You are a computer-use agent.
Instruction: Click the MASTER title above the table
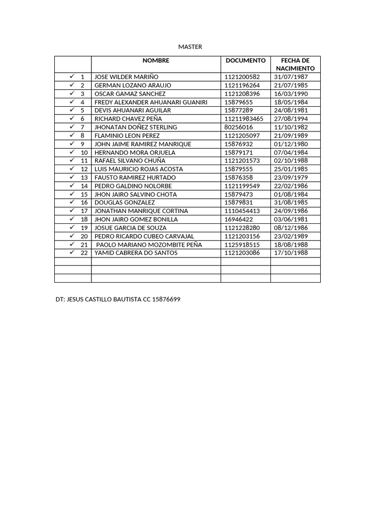pos(190,47)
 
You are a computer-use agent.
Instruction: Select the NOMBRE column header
pos(155,60)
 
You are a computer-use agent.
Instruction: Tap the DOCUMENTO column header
pos(245,60)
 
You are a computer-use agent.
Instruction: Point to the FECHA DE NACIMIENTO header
pos(295,64)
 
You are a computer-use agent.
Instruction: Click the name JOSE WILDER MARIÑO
pos(126,77)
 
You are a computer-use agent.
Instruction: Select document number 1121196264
pos(242,85)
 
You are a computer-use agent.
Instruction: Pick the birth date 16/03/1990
pos(291,94)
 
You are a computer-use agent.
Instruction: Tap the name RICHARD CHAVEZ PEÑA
pos(128,119)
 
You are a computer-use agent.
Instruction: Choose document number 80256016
pos(238,127)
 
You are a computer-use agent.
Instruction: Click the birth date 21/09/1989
pos(291,136)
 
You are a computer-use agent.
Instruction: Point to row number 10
pos(84,153)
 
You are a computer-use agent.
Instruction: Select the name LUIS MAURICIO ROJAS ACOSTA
pos(138,169)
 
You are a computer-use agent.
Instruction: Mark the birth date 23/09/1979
pos(291,177)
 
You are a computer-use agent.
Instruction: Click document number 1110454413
pos(242,211)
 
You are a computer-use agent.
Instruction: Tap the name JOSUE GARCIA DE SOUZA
pos(130,228)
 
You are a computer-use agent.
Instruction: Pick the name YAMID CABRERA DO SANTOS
pos(136,253)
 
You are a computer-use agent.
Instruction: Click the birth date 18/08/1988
pos(291,245)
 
